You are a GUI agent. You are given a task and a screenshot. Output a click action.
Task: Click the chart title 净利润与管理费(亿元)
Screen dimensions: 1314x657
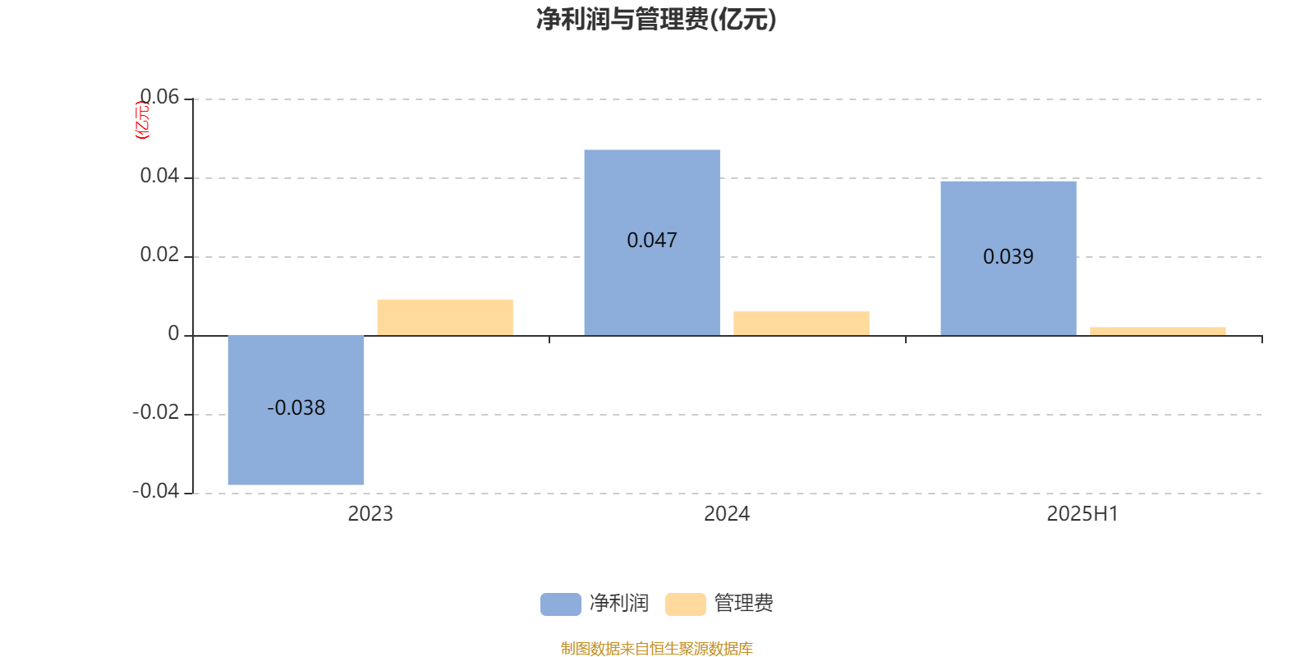click(656, 20)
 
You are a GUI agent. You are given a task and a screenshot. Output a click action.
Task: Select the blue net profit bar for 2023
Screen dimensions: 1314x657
click(296, 410)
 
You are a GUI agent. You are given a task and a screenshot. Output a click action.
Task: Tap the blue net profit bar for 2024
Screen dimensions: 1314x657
click(652, 243)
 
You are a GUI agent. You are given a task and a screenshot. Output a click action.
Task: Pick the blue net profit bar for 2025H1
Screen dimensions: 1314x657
click(1008, 259)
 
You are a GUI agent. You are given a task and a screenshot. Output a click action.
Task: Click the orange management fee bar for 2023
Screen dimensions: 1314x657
click(445, 318)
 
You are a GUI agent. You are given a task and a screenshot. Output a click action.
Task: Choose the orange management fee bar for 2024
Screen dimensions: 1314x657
click(802, 324)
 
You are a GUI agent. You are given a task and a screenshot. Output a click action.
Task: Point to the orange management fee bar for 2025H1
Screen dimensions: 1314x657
click(1158, 332)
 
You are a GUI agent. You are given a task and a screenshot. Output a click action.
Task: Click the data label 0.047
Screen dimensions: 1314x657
click(652, 240)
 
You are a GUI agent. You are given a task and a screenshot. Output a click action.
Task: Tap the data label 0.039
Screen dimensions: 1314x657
click(1008, 256)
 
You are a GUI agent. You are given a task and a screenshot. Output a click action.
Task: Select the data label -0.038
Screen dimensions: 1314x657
click(296, 407)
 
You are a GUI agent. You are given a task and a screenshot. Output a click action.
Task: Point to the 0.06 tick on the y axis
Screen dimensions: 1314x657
click(159, 97)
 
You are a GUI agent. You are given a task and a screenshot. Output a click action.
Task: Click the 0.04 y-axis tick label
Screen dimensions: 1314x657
click(159, 176)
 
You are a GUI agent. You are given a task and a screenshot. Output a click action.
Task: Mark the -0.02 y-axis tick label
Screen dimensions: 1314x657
click(155, 412)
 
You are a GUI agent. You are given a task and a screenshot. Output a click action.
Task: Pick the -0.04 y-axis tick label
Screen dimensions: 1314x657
click(155, 491)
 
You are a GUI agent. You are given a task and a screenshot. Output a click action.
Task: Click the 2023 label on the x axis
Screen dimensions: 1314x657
click(370, 514)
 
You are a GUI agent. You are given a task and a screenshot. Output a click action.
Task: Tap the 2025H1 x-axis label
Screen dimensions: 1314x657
click(1083, 514)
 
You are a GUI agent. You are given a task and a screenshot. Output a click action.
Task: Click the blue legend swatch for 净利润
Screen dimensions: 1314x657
click(561, 604)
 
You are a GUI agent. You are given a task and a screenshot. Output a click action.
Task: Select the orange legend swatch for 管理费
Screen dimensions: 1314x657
click(685, 604)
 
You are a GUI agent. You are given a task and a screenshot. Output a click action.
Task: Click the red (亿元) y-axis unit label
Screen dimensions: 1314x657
click(143, 120)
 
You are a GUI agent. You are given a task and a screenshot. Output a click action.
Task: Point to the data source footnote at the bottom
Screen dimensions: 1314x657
click(656, 648)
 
